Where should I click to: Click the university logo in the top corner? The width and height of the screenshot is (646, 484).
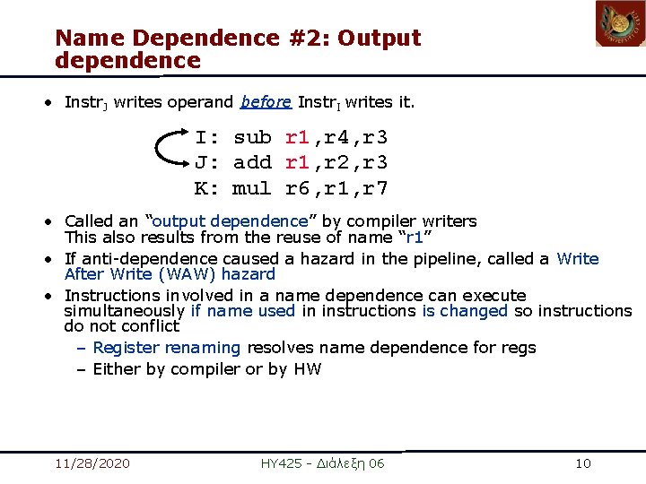(620, 24)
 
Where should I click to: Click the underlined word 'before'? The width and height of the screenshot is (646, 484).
(266, 102)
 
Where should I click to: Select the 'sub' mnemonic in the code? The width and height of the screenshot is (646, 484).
(252, 138)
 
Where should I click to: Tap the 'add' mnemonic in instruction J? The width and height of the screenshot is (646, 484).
(252, 163)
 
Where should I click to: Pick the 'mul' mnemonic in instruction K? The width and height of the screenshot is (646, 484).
(252, 189)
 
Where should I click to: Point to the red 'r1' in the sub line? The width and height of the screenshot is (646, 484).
(298, 138)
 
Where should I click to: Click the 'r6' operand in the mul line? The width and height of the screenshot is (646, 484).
(298, 189)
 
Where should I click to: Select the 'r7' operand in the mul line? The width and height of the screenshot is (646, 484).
(375, 189)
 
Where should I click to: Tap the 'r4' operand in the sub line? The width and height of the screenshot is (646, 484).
(336, 138)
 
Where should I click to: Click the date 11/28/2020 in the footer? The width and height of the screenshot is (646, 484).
(92, 463)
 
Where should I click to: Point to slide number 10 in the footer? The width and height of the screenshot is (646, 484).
(583, 463)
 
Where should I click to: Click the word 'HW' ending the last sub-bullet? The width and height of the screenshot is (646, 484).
(307, 369)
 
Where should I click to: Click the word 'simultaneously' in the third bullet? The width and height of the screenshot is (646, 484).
(124, 311)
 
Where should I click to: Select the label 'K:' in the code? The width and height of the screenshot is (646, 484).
(207, 189)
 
